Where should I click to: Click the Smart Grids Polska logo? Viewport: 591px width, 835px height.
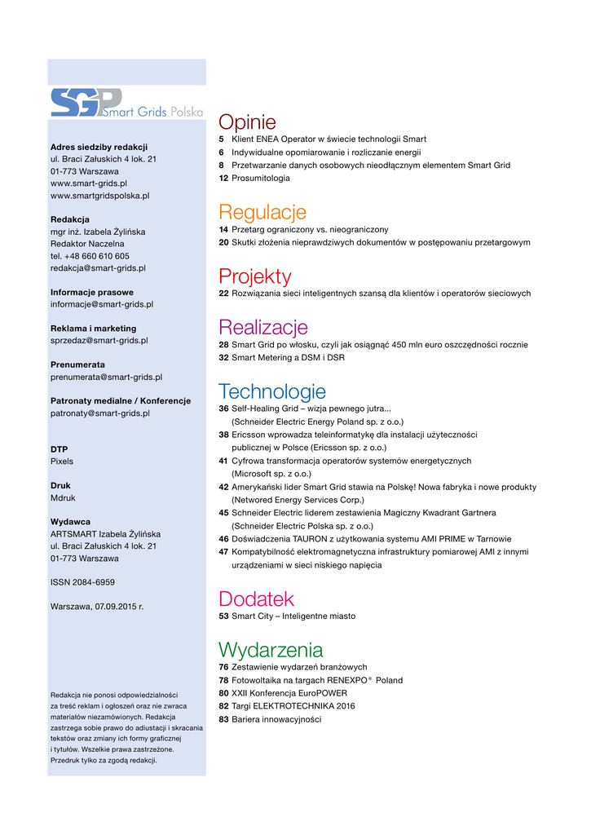click(126, 103)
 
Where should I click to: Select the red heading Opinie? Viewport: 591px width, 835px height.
click(247, 123)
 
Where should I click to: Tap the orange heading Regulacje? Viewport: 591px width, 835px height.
click(262, 213)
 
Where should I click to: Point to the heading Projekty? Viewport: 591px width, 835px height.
click(254, 276)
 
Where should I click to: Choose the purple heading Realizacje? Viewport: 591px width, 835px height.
click(263, 328)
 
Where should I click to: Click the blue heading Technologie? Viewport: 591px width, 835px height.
click(272, 392)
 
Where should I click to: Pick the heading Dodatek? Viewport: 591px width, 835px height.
click(256, 599)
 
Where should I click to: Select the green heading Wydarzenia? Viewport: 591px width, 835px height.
click(271, 650)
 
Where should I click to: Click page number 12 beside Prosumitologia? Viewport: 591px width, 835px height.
click(223, 178)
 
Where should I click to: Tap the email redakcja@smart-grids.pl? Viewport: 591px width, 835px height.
click(98, 267)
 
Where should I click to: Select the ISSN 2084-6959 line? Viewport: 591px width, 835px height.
click(82, 582)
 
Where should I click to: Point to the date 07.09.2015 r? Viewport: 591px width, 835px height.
click(119, 607)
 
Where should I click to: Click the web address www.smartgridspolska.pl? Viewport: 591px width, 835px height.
click(99, 196)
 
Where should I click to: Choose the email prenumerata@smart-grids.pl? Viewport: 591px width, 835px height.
click(106, 377)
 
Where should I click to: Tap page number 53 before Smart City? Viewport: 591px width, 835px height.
click(223, 616)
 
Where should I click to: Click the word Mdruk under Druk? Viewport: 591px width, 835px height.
click(63, 497)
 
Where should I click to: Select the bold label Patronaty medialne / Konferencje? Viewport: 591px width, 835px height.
click(121, 401)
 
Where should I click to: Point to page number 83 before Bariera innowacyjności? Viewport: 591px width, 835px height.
click(223, 719)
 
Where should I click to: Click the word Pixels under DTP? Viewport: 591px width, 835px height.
click(62, 462)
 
